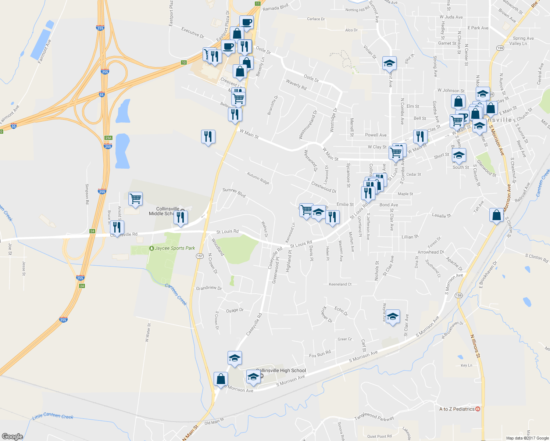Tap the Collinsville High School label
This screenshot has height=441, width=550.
(x=281, y=370)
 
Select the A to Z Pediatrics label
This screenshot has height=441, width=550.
(x=457, y=409)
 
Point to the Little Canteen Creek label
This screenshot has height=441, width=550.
(x=53, y=416)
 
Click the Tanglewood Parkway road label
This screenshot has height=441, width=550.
(x=374, y=417)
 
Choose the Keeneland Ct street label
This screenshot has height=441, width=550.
(x=340, y=284)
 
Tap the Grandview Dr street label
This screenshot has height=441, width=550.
(x=209, y=288)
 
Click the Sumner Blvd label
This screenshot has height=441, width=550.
(x=234, y=192)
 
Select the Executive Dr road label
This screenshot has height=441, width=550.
(x=193, y=33)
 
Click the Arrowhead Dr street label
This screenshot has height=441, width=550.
(x=431, y=252)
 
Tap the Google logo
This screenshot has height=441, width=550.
(x=12, y=436)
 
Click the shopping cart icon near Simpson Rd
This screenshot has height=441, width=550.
(x=135, y=199)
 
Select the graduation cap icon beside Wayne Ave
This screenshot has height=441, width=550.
(x=392, y=316)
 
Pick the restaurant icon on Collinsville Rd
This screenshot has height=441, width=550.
(x=117, y=227)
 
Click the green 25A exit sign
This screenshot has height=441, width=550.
(x=108, y=138)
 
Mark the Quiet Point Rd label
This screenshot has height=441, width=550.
(x=379, y=437)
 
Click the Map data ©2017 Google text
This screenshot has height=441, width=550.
(x=527, y=438)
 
